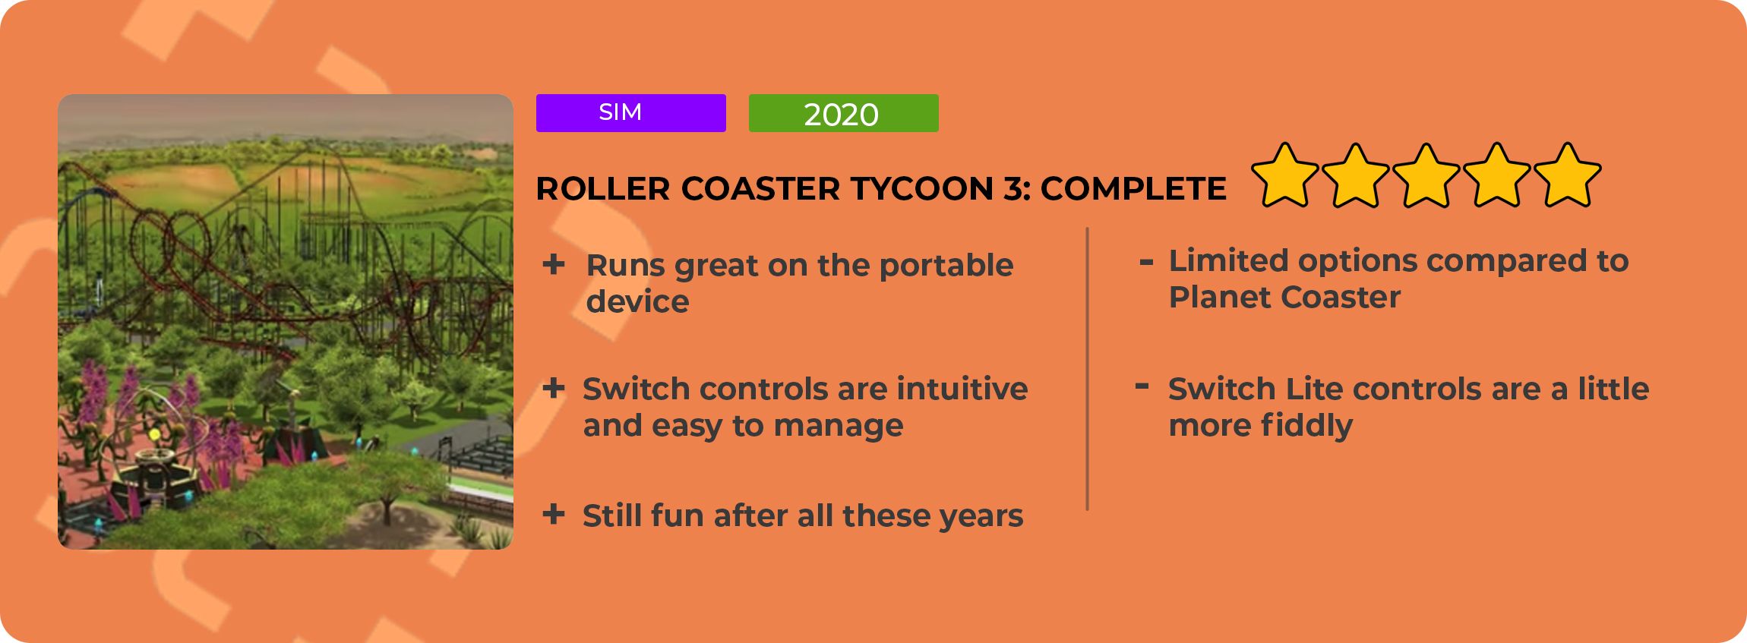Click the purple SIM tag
pyautogui.click(x=630, y=113)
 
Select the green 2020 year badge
pyautogui.click(x=843, y=113)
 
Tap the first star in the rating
pyautogui.click(x=1285, y=175)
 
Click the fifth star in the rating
pyautogui.click(x=1568, y=175)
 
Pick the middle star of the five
pyautogui.click(x=1426, y=175)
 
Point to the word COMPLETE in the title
pyautogui.click(x=1133, y=189)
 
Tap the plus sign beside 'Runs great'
pyautogui.click(x=554, y=264)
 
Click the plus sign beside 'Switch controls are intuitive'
pyautogui.click(x=554, y=388)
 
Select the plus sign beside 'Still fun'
pyautogui.click(x=554, y=514)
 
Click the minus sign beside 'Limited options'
pyautogui.click(x=1146, y=263)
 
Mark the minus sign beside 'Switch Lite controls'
pyautogui.click(x=1142, y=386)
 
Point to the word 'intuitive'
pyautogui.click(x=962, y=389)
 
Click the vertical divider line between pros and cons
pyautogui.click(x=1088, y=369)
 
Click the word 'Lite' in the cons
pyautogui.click(x=1315, y=389)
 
